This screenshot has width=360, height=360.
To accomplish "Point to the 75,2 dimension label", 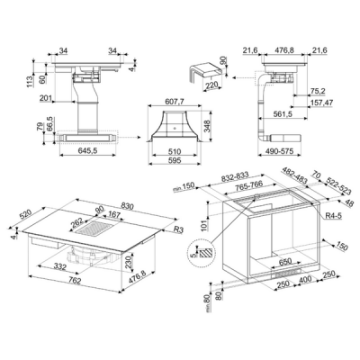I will pyautogui.click(x=319, y=91).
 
